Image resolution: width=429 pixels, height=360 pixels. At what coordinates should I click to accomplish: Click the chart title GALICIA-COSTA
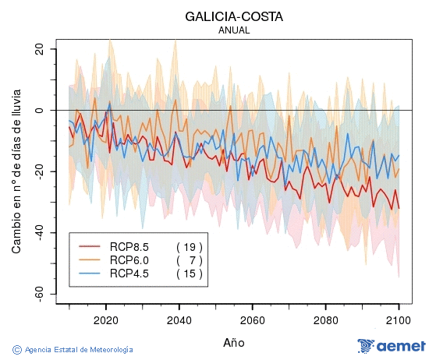tap(234, 16)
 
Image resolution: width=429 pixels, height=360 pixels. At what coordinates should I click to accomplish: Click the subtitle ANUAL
tap(234, 30)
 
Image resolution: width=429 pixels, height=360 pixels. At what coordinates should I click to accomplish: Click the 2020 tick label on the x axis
tap(106, 319)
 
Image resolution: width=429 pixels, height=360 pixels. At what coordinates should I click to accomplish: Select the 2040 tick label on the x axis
tap(179, 319)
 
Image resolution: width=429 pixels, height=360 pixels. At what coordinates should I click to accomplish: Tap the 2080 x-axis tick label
tap(326, 319)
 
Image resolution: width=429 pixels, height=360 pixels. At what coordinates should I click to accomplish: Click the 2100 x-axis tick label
tap(399, 319)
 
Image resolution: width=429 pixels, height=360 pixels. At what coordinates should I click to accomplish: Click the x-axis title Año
tap(234, 342)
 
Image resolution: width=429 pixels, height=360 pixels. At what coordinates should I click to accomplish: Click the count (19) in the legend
tap(190, 246)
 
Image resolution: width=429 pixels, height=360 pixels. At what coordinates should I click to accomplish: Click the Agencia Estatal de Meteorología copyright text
tap(73, 350)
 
